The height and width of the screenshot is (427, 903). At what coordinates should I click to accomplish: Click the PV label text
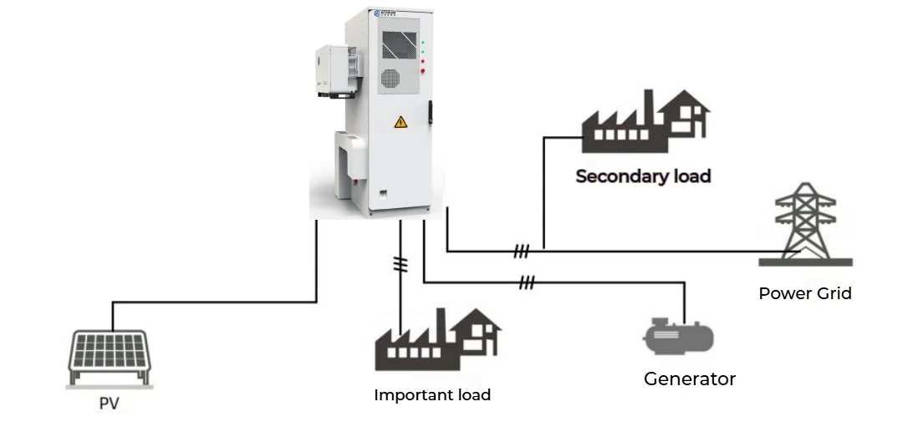[x=109, y=404]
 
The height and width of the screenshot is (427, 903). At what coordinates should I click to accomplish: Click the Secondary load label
[x=643, y=176]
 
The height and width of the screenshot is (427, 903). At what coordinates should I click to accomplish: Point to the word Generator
[x=689, y=379]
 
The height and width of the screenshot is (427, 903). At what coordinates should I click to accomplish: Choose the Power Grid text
[x=804, y=293]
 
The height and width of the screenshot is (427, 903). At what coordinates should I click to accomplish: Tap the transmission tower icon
[x=805, y=224]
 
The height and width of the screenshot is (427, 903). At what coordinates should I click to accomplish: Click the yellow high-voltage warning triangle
[x=400, y=122]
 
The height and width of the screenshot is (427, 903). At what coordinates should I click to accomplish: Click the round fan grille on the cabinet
[x=392, y=79]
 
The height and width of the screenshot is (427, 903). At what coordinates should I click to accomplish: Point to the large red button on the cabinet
[x=424, y=72]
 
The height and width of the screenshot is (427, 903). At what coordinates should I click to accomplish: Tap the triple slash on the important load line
[x=401, y=264]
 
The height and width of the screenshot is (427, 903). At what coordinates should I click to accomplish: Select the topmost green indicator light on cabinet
[x=424, y=41]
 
